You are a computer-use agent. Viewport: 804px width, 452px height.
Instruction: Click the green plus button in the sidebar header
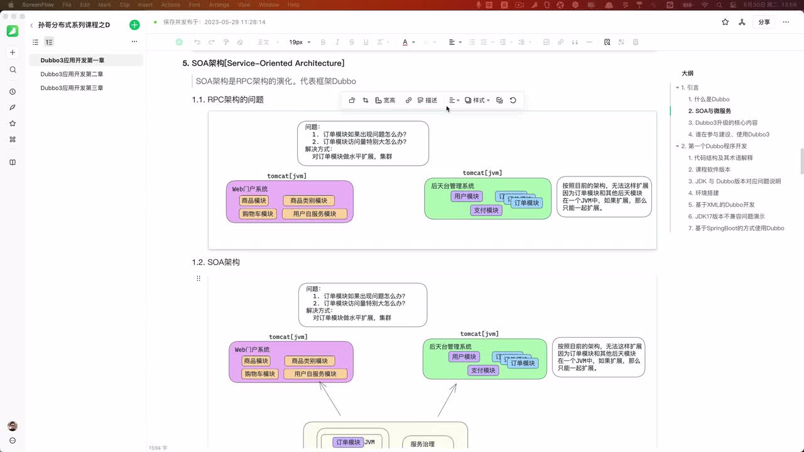(x=134, y=25)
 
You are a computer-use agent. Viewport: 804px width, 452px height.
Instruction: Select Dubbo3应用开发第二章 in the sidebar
(x=72, y=74)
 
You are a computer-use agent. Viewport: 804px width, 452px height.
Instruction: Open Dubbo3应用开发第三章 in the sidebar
(x=72, y=88)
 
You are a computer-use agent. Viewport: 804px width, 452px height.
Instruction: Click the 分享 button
(x=764, y=22)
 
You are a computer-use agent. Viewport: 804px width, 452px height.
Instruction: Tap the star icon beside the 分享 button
(x=725, y=22)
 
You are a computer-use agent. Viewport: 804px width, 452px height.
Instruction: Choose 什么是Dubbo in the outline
(x=712, y=99)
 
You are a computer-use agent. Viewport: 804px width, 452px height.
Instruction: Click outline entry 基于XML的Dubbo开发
(x=721, y=205)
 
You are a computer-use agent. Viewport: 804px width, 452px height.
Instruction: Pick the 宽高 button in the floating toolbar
(x=385, y=100)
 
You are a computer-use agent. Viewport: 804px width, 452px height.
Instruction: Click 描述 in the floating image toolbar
(x=427, y=100)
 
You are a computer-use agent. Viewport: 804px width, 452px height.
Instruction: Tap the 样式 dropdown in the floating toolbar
(x=477, y=100)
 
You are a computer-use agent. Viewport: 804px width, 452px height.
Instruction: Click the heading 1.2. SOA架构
(x=215, y=262)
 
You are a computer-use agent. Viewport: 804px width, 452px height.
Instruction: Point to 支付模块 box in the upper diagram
(x=486, y=210)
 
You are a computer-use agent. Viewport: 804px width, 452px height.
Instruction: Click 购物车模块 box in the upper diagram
(x=258, y=214)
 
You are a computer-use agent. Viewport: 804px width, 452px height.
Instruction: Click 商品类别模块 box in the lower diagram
(x=310, y=361)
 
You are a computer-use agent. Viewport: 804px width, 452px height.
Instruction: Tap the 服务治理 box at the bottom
(x=422, y=444)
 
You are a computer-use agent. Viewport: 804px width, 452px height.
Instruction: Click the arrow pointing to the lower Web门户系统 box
(x=330, y=399)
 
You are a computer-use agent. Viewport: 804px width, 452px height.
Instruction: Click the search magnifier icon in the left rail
(x=13, y=70)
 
